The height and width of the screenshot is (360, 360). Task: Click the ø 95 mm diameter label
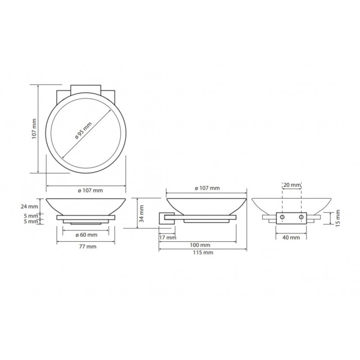83,130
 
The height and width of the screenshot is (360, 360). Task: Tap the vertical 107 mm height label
34,129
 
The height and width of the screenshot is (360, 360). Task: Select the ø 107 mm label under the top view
90,190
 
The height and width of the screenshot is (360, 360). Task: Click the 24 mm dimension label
29,207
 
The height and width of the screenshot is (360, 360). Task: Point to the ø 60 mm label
86,235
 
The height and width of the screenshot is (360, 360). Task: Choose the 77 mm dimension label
88,247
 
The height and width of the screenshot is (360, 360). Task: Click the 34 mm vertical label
142,213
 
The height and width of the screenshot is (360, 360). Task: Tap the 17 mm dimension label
167,238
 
